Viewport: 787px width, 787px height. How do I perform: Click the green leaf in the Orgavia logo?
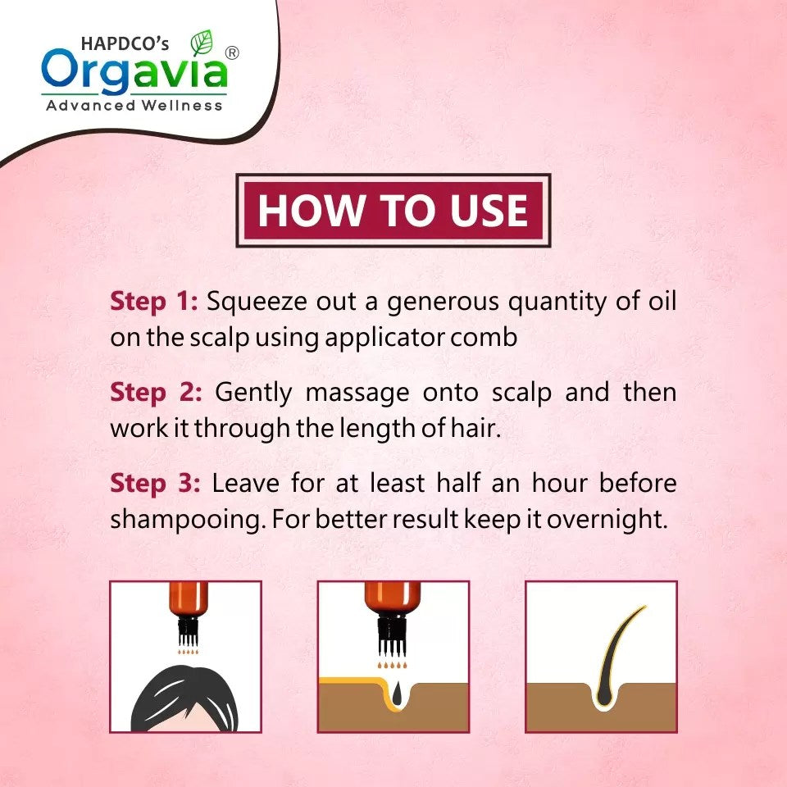[x=202, y=43]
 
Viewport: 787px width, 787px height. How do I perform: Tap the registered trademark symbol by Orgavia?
[x=232, y=52]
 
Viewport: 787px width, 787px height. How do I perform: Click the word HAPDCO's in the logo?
[x=125, y=43]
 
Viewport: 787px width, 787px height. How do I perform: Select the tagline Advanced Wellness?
[x=134, y=106]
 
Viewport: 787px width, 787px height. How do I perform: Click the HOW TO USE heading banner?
[x=393, y=211]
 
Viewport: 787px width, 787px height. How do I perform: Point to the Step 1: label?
[x=154, y=302]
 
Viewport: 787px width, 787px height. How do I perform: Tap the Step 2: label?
[x=156, y=393]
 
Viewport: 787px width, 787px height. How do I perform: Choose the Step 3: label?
[x=155, y=484]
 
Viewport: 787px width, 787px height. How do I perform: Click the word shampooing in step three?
[x=188, y=520]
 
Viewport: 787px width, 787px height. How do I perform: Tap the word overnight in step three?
[x=607, y=520]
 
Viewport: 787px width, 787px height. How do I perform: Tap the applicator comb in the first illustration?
[x=189, y=631]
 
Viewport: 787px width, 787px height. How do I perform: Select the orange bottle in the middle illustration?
[x=393, y=600]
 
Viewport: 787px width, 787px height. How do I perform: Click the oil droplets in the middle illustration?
[x=392, y=665]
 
